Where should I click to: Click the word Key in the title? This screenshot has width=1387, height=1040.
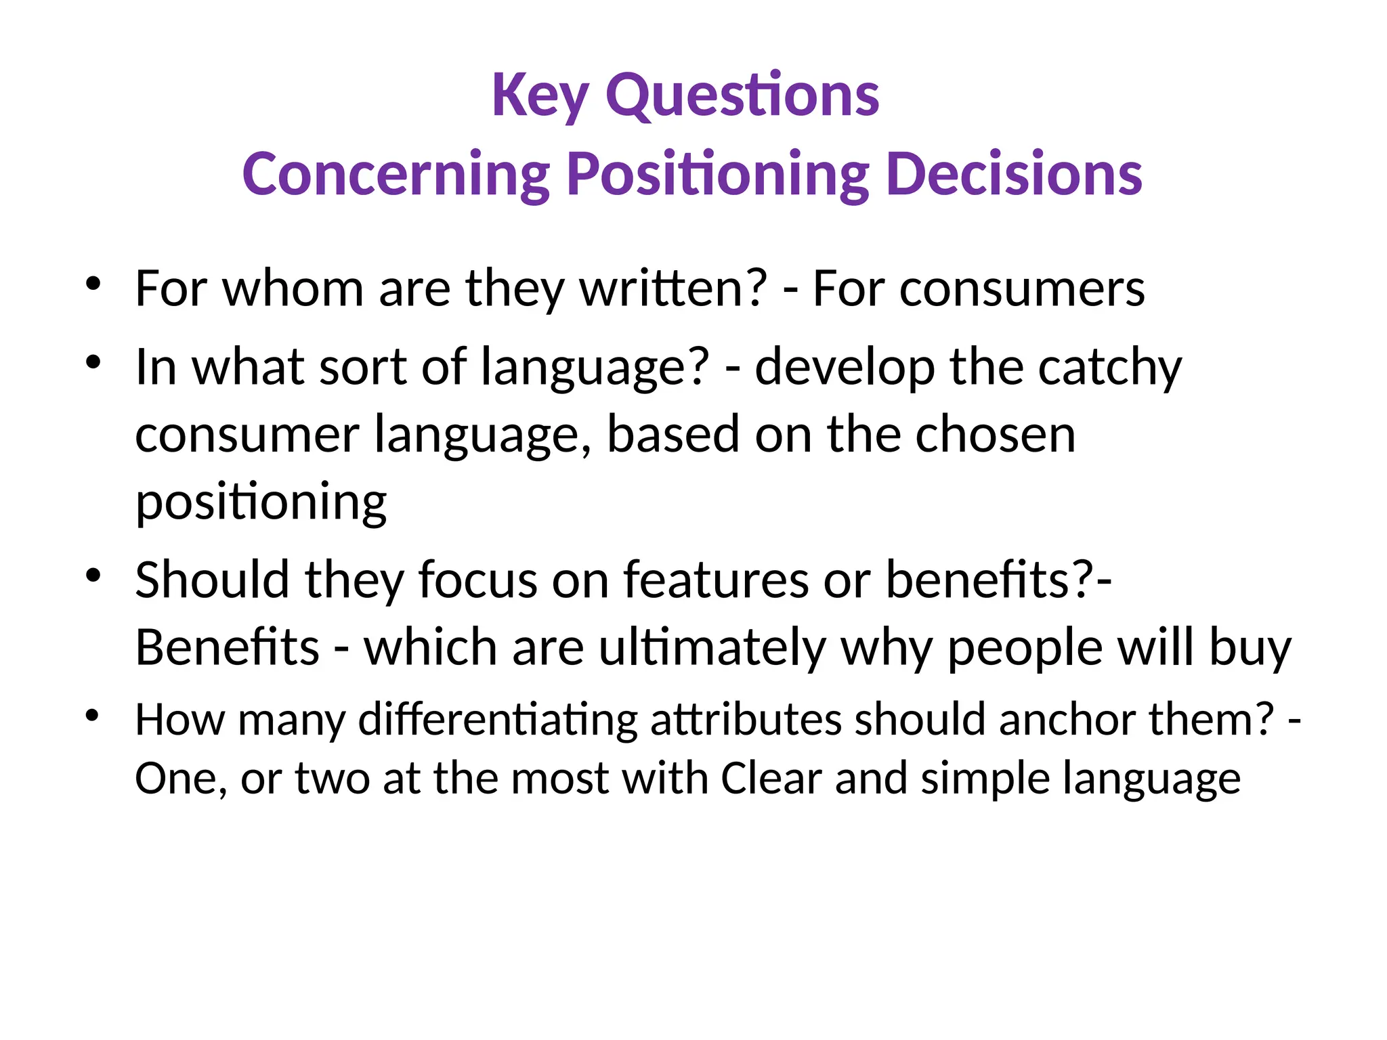click(540, 96)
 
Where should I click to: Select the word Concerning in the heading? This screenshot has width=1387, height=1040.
click(396, 175)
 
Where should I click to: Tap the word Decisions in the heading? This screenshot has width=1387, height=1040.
click(1014, 175)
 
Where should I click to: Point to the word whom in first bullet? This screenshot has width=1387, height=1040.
click(293, 289)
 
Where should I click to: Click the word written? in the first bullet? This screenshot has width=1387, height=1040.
click(673, 289)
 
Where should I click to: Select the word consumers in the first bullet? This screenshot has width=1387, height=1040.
click(1022, 289)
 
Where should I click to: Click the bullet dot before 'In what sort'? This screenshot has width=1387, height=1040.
click(93, 362)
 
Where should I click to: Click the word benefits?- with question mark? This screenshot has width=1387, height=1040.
click(998, 581)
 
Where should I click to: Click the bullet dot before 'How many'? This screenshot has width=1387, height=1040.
click(93, 715)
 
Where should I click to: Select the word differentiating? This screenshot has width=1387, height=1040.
click(498, 719)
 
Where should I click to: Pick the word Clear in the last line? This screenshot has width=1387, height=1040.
click(771, 779)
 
